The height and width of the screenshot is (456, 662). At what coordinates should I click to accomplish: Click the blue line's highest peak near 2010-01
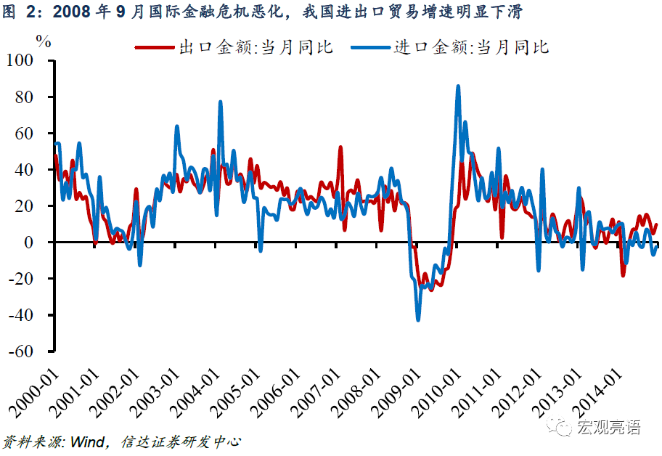458,86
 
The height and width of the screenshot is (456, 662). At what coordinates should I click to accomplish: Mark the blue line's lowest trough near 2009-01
418,319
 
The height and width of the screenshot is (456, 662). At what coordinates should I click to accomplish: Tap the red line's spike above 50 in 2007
340,147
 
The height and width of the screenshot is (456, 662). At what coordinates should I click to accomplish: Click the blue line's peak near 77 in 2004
221,102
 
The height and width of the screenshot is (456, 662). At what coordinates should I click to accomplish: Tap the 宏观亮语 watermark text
609,427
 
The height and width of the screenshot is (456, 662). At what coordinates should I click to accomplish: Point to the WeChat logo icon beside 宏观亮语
562,427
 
